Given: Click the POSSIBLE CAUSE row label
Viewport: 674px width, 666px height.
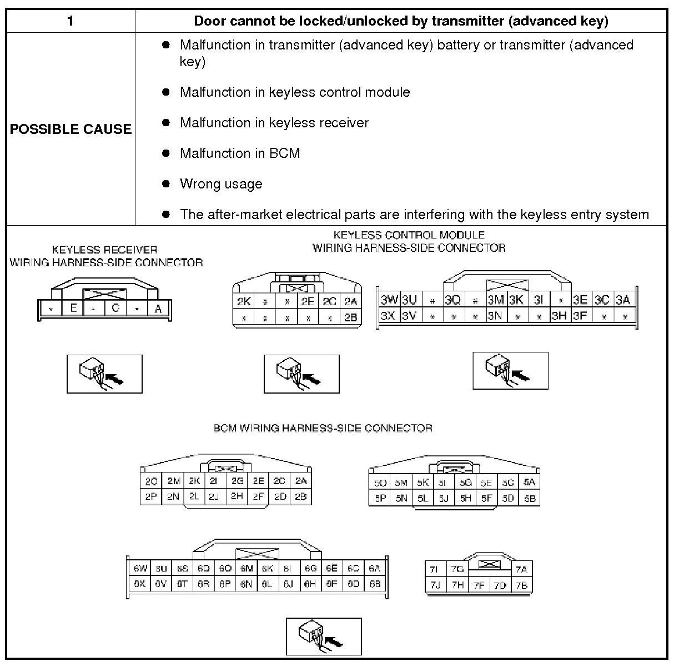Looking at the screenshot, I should click(x=71, y=129).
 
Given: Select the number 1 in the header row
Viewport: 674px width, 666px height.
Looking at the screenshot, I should click(x=70, y=21).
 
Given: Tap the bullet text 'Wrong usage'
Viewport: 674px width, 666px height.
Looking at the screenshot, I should click(x=221, y=184).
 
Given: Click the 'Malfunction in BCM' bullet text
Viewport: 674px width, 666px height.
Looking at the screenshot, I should click(x=240, y=153).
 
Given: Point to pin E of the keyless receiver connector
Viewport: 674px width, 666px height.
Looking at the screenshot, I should click(x=73, y=307).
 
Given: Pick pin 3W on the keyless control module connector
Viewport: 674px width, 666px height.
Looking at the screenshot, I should click(x=389, y=300).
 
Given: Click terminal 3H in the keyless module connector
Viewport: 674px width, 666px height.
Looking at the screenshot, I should click(x=559, y=316).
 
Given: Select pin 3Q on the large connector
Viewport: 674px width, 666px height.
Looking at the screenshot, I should click(x=452, y=300).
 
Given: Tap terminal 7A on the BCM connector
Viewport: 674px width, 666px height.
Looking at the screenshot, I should click(x=521, y=569).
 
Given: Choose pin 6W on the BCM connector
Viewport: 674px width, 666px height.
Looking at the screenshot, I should click(x=140, y=569).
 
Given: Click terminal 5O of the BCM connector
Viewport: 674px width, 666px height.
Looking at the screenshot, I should click(x=380, y=483).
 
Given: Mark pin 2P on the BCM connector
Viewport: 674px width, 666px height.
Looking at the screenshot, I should click(x=151, y=496).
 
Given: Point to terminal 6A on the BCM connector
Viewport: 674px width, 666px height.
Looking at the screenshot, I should click(x=375, y=569).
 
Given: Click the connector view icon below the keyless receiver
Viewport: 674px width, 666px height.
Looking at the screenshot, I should click(x=104, y=374).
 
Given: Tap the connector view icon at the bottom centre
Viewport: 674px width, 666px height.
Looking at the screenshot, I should click(x=324, y=636).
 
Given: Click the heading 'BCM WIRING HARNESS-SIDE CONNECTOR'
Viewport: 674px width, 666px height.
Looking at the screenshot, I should click(x=323, y=428).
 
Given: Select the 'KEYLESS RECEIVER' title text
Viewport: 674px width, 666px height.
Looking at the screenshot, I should click(x=105, y=250).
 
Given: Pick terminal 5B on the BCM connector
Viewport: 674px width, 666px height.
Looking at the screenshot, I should click(x=529, y=499).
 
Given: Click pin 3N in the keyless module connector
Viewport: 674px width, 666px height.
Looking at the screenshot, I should click(x=495, y=316).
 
